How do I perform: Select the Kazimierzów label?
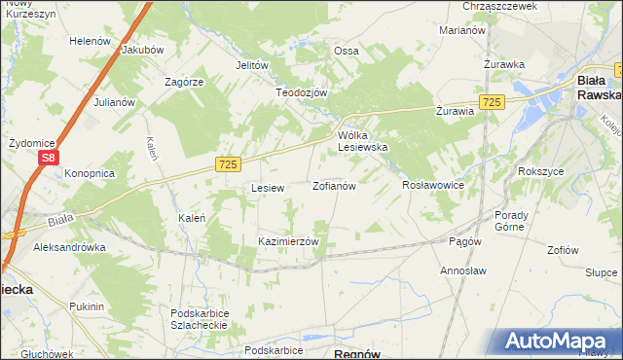click(x=288, y=240)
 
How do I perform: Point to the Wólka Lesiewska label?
click(x=363, y=141)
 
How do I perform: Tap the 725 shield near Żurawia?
click(x=492, y=102)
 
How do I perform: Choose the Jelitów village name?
click(x=251, y=65)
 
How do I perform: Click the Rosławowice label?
click(x=432, y=184)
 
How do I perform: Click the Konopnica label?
click(x=90, y=173)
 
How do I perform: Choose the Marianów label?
click(x=462, y=31)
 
